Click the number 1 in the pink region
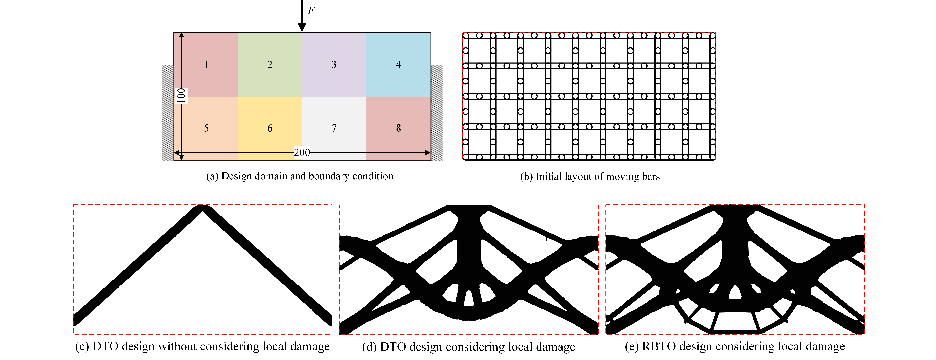point(206,65)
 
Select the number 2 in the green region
point(270,65)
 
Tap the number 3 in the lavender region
point(334,65)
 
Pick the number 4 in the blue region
point(398,65)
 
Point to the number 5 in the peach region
point(206,128)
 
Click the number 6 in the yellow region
point(270,128)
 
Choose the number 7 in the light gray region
point(334,128)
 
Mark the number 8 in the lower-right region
point(398,128)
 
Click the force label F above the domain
point(311,11)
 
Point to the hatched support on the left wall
point(168,113)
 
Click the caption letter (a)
point(212,176)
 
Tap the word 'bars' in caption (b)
point(650,177)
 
